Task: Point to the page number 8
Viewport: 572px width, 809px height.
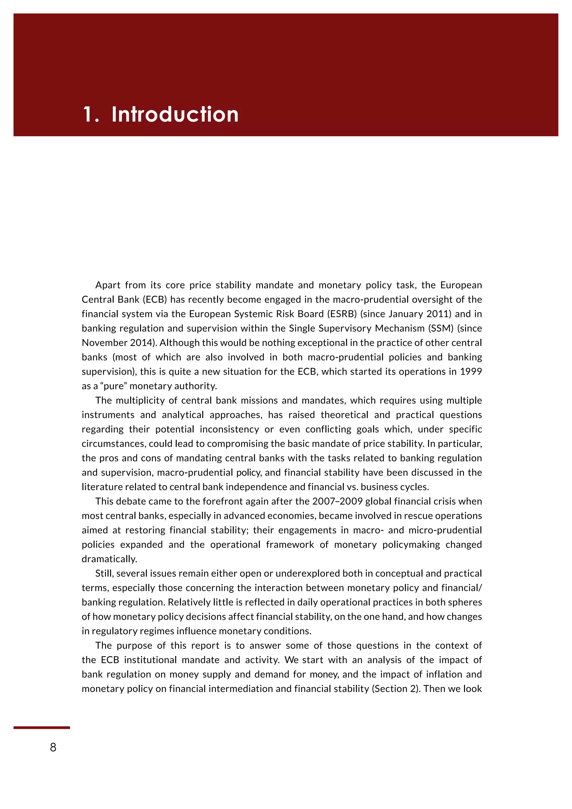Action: click(53, 747)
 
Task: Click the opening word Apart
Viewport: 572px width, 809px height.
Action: click(108, 285)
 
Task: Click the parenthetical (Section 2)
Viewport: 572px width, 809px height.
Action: click(396, 689)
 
